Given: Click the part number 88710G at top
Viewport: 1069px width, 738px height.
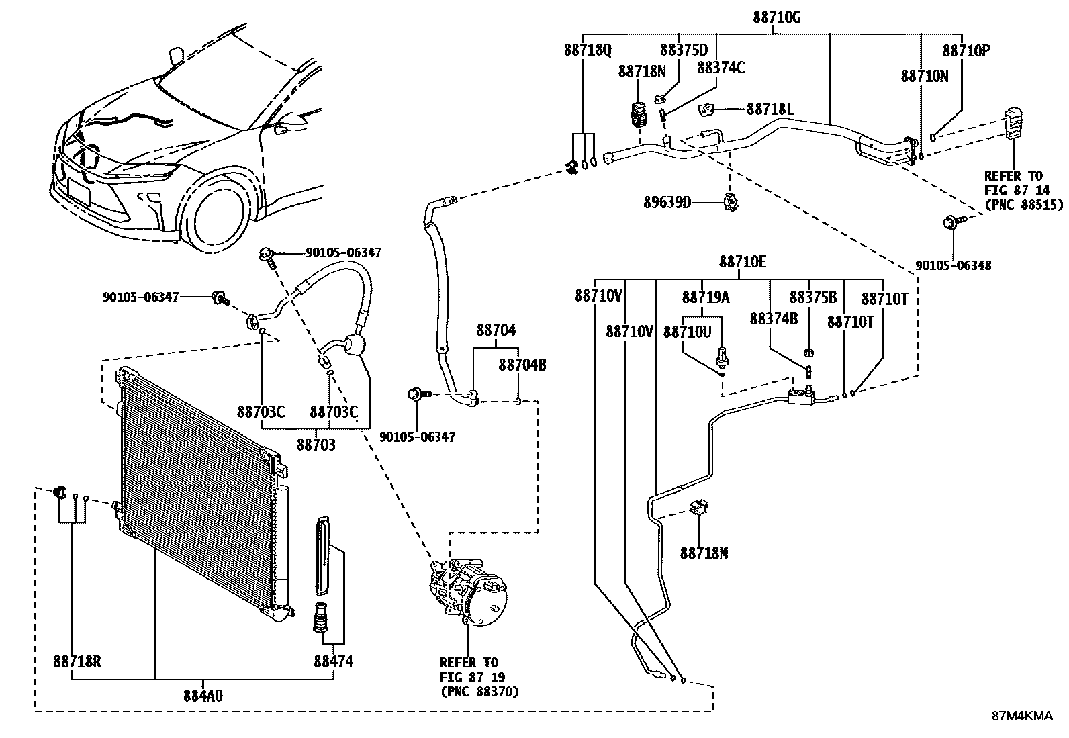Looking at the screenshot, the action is point(776,17).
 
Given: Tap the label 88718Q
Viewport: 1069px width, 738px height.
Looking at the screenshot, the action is point(588,50).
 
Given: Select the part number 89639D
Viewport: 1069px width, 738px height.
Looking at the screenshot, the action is point(667,203).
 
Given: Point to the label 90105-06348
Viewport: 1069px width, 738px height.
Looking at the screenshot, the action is point(953,265).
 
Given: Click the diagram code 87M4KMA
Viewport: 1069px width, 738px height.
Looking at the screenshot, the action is point(1022,716).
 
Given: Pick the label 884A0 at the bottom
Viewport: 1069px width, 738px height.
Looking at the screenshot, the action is point(203,696).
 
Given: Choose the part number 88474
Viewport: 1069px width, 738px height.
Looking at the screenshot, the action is point(333,661).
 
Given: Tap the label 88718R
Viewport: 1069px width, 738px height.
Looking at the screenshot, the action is point(77,661).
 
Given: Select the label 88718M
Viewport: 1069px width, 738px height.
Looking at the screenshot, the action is point(704,553).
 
